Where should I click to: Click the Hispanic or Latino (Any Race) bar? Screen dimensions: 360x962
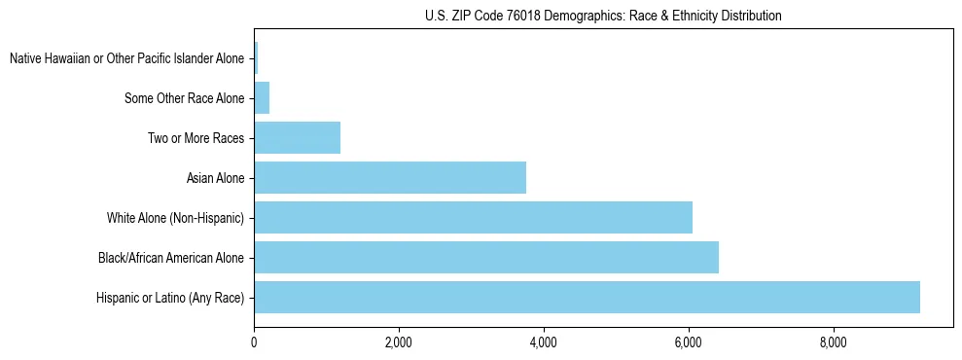(x=587, y=298)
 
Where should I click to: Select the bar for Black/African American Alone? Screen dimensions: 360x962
(x=486, y=258)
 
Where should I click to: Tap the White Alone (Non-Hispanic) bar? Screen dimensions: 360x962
(x=473, y=218)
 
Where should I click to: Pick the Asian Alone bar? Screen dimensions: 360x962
(x=390, y=178)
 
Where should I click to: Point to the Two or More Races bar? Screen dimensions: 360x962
(x=297, y=138)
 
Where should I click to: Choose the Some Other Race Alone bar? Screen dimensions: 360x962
(x=262, y=98)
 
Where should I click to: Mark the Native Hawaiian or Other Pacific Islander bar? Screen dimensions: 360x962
(x=256, y=58)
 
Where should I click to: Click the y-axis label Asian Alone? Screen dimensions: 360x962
(x=216, y=178)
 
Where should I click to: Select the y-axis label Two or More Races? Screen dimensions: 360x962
(x=196, y=138)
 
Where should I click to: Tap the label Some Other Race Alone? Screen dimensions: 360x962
(x=185, y=98)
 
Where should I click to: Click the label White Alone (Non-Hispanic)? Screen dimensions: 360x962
(x=176, y=218)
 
